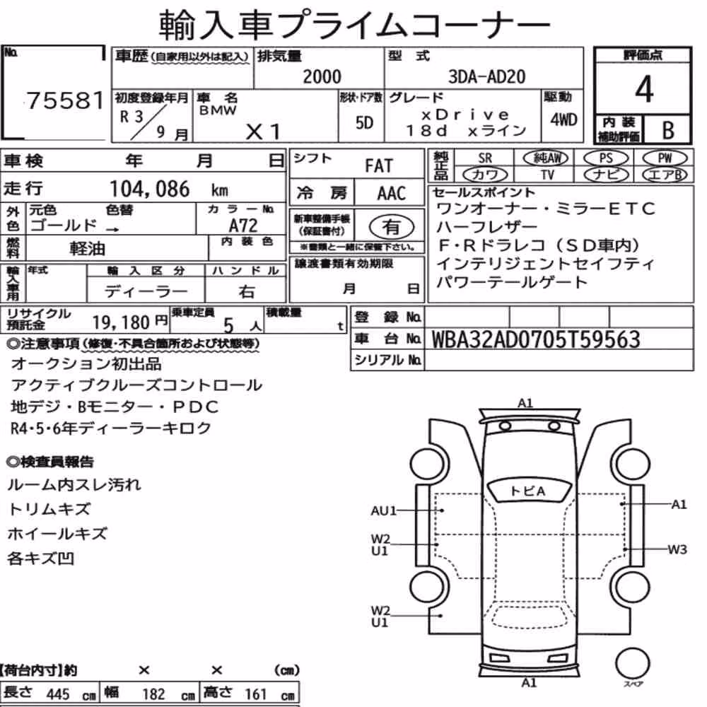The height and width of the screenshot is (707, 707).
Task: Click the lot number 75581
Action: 65,100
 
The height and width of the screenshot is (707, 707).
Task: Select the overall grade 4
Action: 644,89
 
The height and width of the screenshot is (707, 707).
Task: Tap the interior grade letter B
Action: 668,130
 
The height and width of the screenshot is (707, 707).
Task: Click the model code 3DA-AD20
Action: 486,76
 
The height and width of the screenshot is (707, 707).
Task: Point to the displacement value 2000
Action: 322,76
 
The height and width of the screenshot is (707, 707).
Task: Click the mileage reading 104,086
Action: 150,189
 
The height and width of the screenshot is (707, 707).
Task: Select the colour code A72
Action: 243,225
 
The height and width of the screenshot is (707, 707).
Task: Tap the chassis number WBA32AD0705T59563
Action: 536,339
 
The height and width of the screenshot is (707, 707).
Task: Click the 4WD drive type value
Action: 563,120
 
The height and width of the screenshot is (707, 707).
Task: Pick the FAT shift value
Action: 379,165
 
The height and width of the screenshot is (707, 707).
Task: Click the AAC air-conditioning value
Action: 392,194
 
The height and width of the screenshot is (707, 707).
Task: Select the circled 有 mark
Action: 392,227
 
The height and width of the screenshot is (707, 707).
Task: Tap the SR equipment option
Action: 485,158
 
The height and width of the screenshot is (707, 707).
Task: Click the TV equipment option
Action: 547,175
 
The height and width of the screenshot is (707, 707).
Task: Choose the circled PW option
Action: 665,158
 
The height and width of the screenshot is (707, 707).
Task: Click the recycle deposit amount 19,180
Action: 121,322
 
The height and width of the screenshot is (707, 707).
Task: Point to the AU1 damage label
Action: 383,511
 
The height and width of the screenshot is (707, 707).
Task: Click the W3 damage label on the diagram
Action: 677,549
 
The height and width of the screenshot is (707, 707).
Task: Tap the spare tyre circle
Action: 632,663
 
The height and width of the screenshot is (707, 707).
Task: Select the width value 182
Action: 153,694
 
